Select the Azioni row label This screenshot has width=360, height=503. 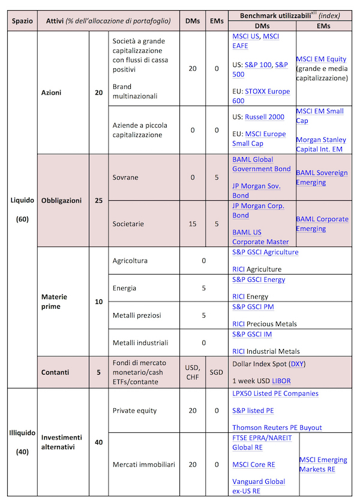coord(52,93)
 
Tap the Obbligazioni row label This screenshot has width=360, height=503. coord(61,200)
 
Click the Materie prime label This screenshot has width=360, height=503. coord(54,302)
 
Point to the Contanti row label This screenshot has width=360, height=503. coord(55,372)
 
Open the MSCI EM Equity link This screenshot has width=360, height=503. coord(321,59)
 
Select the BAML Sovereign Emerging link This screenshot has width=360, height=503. coord(322,177)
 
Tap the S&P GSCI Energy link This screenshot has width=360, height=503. coord(259,279)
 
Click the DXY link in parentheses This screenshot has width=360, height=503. coord(297,364)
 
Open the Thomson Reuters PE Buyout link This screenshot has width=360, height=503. coord(277,427)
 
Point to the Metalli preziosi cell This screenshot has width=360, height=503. coord(136,315)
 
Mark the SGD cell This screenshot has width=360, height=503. coord(216,372)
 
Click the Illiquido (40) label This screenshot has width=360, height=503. coord(23,442)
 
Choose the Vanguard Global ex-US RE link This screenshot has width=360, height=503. coord(259,486)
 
